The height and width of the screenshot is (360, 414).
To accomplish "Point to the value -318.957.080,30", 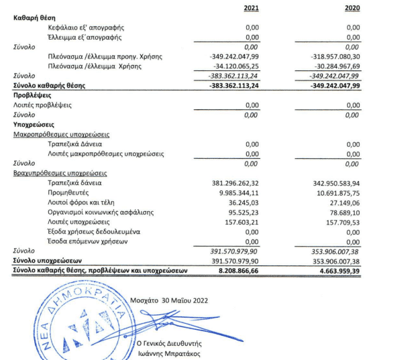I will coord(331,56).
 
